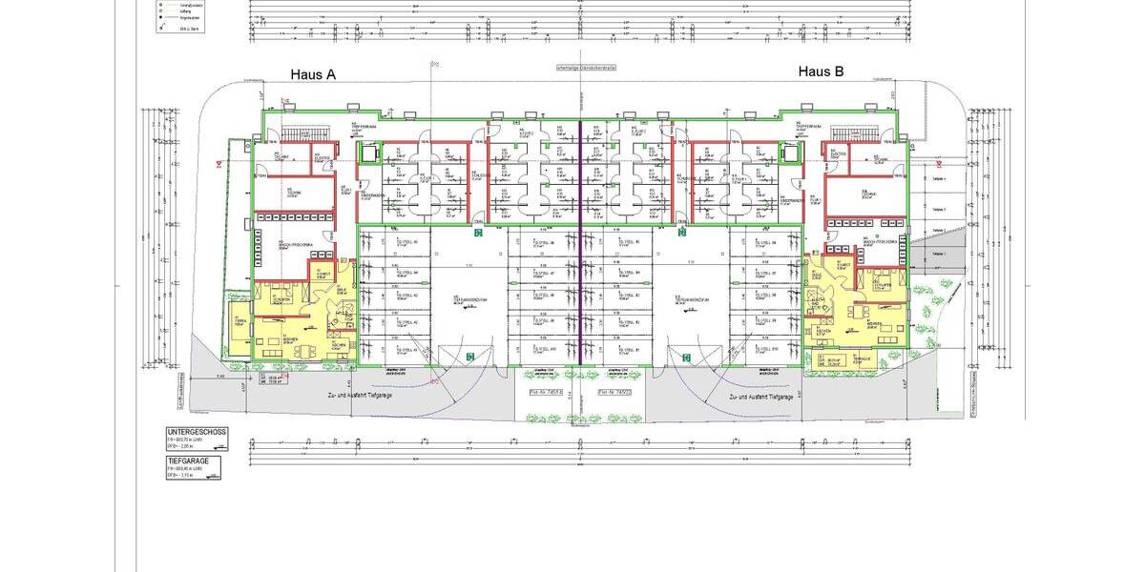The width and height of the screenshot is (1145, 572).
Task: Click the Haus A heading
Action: click(x=313, y=74)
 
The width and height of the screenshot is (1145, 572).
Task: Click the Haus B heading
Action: click(x=821, y=71)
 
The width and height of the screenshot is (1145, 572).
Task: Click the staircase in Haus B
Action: click(x=849, y=133)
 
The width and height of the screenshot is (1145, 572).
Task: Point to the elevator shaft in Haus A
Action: click(x=367, y=153)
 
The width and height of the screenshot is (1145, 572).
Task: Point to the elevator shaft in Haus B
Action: click(x=788, y=153)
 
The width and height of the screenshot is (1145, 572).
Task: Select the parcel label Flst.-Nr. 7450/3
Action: click(x=614, y=392)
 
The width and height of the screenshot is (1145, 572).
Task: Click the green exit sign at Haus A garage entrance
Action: click(x=469, y=357)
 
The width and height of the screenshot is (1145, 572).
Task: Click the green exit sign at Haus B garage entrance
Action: click(x=687, y=357)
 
